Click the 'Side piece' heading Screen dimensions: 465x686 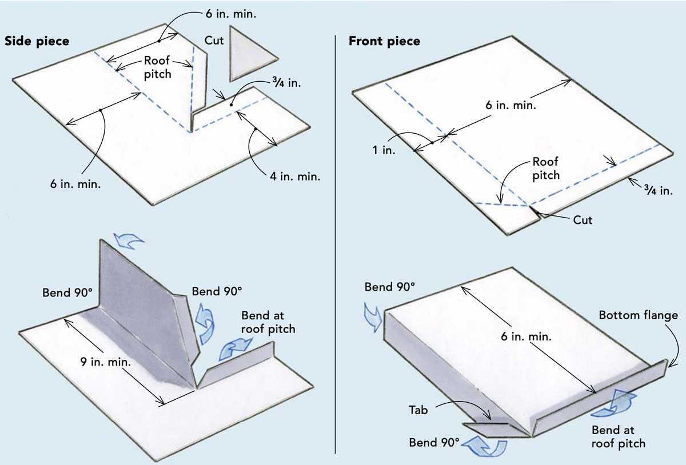coord(37,41)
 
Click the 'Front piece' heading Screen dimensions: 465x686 coord(384,41)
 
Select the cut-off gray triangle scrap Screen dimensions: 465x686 coord(249,54)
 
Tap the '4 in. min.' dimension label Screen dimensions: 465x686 coord(295,176)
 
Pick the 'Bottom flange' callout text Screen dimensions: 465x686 coord(638,315)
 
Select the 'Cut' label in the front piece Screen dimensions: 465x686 coord(583,219)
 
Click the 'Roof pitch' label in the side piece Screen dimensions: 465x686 coord(158,66)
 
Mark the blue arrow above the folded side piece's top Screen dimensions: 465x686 coord(128,240)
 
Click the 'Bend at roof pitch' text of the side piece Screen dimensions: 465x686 coord(268,322)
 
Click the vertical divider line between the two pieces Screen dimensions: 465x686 coord(336,240)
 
